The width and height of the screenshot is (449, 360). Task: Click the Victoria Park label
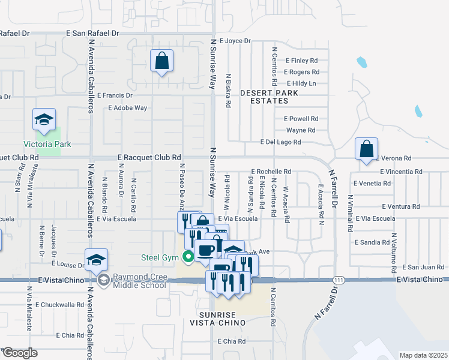pyautogui.click(x=47, y=144)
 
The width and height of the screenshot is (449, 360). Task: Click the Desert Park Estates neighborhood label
pyautogui.click(x=265, y=97)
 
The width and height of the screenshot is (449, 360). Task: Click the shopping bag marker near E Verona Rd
pyautogui.click(x=366, y=149)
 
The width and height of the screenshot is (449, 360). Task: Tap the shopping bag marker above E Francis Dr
pyautogui.click(x=161, y=61)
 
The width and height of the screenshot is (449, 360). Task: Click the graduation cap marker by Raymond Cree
pyautogui.click(x=96, y=260)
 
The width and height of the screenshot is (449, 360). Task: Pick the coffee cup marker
pyautogui.click(x=206, y=250)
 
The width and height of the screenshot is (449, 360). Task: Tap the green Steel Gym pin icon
pyautogui.click(x=188, y=258)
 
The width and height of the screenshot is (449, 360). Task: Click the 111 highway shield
pyautogui.click(x=339, y=280)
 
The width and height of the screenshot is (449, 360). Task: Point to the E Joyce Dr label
pyautogui.click(x=235, y=41)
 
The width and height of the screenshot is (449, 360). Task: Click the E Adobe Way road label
pyautogui.click(x=127, y=108)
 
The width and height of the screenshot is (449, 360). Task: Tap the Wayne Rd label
pyautogui.click(x=301, y=130)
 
